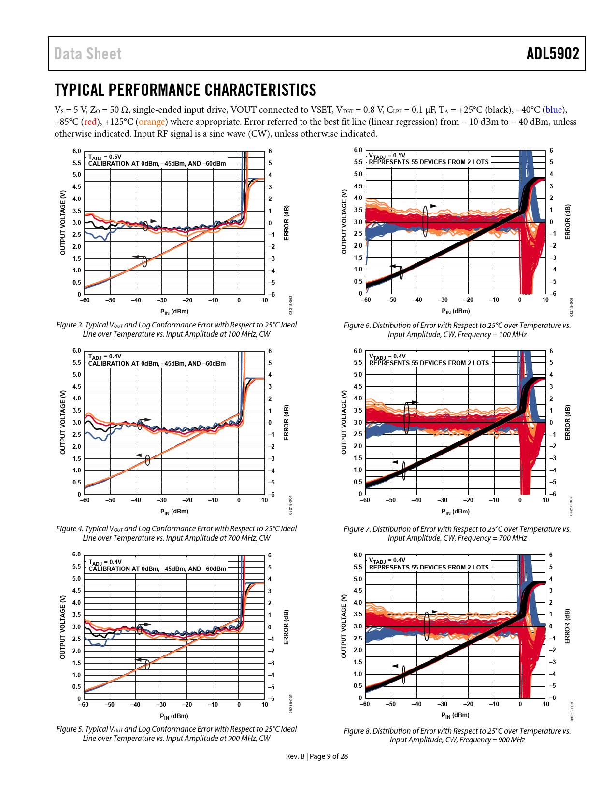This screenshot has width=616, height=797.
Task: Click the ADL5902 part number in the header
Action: pos(552,54)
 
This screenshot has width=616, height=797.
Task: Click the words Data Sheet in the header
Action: pos(88,54)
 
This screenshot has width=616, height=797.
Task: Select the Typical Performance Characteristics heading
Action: pos(185,90)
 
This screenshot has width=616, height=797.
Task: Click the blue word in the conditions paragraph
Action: pos(554,110)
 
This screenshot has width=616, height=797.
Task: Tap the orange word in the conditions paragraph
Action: pos(152,122)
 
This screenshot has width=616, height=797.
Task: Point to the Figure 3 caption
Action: pos(176,329)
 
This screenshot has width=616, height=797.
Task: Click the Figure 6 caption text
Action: pos(457,330)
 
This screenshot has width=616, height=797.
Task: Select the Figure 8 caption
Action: pos(457,735)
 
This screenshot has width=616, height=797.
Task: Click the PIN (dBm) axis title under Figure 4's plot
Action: pos(174,511)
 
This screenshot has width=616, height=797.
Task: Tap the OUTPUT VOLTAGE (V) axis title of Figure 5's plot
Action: pos(62,626)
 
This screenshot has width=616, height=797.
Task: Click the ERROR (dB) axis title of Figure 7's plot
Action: pos(568,422)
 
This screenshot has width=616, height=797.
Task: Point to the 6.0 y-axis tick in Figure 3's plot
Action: pos(77,151)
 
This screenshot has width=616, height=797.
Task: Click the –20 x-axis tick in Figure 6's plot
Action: pos(468,300)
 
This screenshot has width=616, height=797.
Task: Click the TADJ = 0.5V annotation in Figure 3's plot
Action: pos(105,157)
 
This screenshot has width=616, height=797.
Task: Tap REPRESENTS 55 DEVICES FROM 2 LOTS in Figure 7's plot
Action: pos(429,363)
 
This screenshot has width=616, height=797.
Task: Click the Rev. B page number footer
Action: pos(316,756)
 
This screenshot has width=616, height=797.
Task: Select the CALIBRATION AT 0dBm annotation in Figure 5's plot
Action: pos(157,569)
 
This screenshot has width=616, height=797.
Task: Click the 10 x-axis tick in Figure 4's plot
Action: pos(265,500)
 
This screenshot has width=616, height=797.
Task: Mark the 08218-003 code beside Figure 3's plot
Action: pos(291,305)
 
